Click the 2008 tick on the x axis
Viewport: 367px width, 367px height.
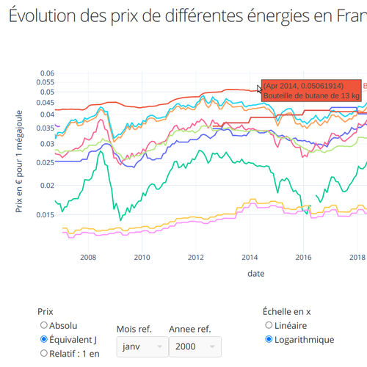[x=88, y=258]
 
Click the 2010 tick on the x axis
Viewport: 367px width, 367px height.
[x=142, y=258]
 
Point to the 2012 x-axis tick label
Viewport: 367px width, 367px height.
[x=196, y=258]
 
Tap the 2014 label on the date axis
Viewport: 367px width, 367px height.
[x=250, y=258]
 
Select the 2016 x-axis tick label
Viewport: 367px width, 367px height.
[x=304, y=258]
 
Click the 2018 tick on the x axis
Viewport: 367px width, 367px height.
[x=357, y=258]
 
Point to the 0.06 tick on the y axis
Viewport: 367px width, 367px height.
[x=47, y=73]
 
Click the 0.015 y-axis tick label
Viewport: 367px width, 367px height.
[x=45, y=215]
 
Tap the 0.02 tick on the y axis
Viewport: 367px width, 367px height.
[x=47, y=186]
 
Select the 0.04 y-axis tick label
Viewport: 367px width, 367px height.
[x=47, y=115]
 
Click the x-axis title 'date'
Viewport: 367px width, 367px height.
[x=256, y=273]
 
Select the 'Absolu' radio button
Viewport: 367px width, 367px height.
[x=44, y=325]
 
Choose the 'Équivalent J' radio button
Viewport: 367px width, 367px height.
[x=44, y=339]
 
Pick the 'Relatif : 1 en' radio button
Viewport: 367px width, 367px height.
[x=44, y=353]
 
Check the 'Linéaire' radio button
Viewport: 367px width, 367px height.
[x=269, y=325]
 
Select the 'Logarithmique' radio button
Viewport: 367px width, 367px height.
[x=269, y=339]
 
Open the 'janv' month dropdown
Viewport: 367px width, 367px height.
[x=142, y=346]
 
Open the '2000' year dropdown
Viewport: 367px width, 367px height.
[x=195, y=346]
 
